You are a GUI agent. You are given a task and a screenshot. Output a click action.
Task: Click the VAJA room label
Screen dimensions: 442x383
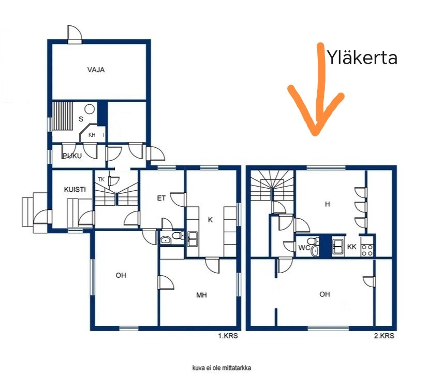(96, 69)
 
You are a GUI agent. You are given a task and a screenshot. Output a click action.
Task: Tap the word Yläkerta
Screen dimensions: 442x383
(362, 58)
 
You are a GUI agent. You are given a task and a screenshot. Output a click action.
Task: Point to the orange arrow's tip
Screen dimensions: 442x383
(316, 134)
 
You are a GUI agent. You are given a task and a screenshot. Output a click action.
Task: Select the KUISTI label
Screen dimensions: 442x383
(75, 189)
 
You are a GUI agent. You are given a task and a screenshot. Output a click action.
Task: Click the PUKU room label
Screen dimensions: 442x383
(72, 156)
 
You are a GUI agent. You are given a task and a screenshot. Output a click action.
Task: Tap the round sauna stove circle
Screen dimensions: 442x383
(90, 109)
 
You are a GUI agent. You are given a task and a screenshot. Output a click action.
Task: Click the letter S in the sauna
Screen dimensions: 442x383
(81, 119)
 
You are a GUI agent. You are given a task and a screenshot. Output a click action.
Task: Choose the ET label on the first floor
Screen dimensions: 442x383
(161, 198)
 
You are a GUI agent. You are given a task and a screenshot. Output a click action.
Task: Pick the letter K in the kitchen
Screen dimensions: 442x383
(210, 220)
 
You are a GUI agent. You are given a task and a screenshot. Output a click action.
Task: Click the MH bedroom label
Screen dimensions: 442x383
(201, 295)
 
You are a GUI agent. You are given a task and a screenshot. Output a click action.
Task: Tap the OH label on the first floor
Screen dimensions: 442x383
(121, 275)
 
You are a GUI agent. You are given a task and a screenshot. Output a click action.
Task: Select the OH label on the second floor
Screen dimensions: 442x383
(325, 294)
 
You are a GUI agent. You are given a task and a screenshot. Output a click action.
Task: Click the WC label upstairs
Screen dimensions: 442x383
(304, 248)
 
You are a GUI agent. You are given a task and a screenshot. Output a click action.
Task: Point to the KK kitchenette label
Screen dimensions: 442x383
(352, 247)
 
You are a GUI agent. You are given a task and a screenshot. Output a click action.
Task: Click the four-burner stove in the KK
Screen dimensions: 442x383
(367, 250)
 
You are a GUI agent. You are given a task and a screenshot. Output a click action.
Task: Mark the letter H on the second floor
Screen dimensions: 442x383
(327, 204)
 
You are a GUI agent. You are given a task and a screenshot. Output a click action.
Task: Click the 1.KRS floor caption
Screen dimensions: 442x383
(228, 336)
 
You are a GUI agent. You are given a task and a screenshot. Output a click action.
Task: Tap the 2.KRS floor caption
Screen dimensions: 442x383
(384, 336)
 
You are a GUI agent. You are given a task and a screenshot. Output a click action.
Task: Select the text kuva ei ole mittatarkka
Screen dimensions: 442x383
(222, 368)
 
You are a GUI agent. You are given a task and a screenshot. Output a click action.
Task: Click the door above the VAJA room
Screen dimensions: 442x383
(75, 34)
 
